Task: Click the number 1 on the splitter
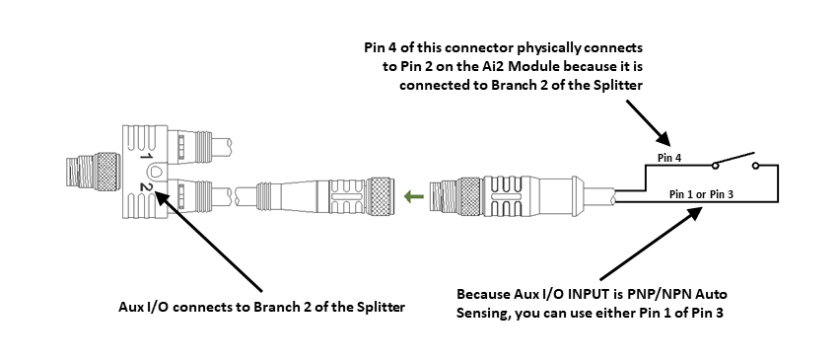click(x=144, y=157)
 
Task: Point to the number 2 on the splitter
click(x=144, y=185)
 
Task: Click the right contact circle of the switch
click(x=756, y=166)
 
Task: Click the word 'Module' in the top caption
click(x=555, y=67)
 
